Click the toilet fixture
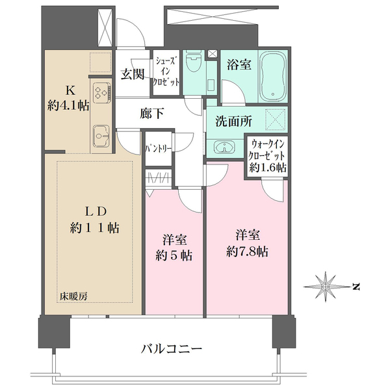193,65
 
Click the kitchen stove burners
101,94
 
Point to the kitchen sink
101,135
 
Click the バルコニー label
171,349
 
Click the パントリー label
159,148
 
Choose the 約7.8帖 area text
248,252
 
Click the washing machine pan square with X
274,120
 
